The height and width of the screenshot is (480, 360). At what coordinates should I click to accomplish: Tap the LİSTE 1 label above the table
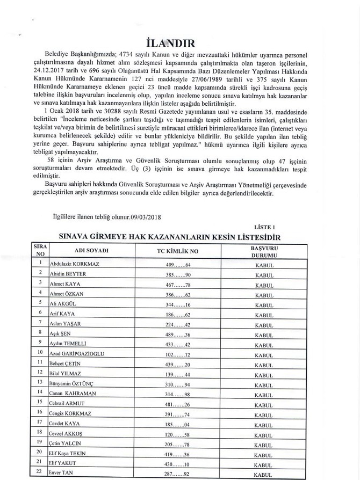tap(265, 227)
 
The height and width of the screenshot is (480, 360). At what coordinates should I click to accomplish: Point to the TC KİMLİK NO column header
tap(175, 251)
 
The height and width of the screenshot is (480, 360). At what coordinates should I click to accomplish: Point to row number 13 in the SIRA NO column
tap(40, 382)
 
